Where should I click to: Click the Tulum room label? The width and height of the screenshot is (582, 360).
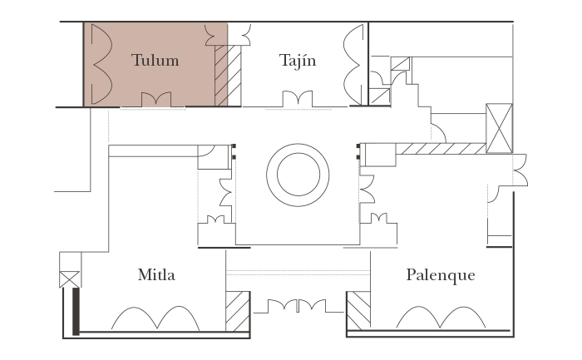tap(155, 61)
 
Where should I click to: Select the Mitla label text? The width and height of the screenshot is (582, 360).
tap(156, 274)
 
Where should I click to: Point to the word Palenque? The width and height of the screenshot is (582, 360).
tap(440, 274)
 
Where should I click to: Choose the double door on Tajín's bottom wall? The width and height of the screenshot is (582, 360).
tap(297, 101)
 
